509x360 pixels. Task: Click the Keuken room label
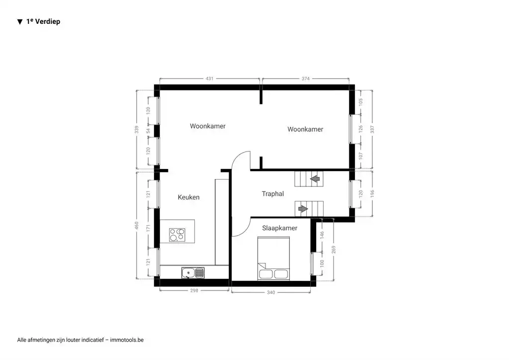188,197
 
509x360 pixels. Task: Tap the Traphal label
272,194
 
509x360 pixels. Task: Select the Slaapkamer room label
279,228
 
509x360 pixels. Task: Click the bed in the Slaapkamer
273,258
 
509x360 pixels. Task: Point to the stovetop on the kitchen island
177,234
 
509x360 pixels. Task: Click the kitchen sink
192,272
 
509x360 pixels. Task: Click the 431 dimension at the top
209,79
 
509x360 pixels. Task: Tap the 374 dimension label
305,79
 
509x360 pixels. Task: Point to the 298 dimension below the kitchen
194,290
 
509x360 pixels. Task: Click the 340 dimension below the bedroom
271,292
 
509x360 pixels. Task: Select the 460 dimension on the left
137,226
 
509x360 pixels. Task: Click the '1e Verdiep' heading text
43,22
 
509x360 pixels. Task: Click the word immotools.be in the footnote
127,340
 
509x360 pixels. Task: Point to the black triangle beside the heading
20,22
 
